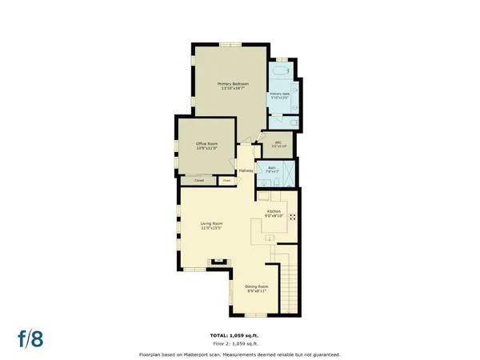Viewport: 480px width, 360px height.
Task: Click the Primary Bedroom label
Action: coord(234,86)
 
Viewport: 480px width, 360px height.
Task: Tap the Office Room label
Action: coord(207,146)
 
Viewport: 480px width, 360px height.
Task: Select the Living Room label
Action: coord(211,225)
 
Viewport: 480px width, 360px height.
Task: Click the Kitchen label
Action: coord(274,212)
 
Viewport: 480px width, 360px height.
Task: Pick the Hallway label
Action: coord(246,170)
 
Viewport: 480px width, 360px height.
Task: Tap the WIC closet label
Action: coord(277,144)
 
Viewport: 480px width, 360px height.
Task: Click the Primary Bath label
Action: coord(279,95)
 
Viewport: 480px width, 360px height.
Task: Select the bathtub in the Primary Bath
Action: coord(280,71)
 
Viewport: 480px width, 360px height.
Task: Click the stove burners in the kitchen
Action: coord(292,216)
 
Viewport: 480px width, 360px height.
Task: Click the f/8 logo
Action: coord(31,338)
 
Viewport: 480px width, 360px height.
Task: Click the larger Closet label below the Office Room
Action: coord(198,181)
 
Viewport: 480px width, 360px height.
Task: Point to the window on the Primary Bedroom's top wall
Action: coord(232,43)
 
